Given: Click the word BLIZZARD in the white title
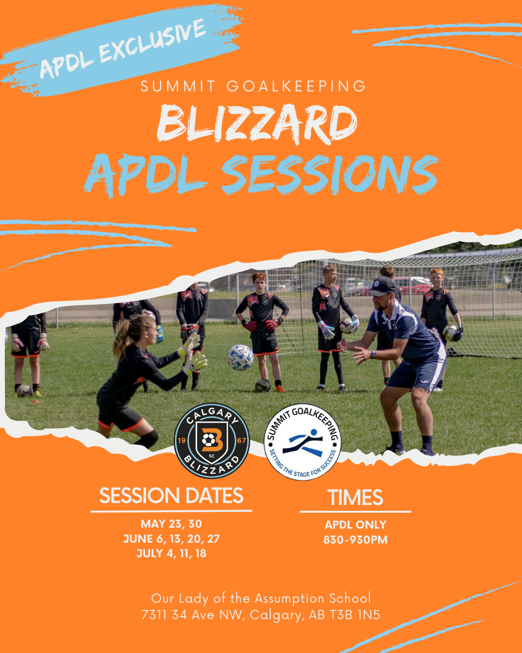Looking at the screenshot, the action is click(257, 123).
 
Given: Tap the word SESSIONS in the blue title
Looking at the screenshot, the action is click(330, 175).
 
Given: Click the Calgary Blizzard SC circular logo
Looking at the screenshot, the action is click(212, 440).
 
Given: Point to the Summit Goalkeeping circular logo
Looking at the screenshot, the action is click(303, 442).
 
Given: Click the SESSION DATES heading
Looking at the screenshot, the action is click(172, 496).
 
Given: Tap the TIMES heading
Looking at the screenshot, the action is click(355, 497).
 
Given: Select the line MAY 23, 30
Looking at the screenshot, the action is click(172, 524).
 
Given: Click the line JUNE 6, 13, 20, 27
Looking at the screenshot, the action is click(172, 539).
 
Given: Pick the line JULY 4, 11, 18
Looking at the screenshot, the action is click(172, 553).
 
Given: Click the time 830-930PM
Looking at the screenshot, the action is click(355, 540).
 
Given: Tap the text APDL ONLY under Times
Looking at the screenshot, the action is click(355, 525).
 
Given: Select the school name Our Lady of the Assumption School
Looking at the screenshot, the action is click(261, 598).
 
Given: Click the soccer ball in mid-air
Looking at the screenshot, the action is click(240, 357).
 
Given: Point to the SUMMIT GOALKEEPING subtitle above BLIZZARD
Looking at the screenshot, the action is click(254, 86).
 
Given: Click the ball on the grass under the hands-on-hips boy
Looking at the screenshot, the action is click(262, 385).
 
